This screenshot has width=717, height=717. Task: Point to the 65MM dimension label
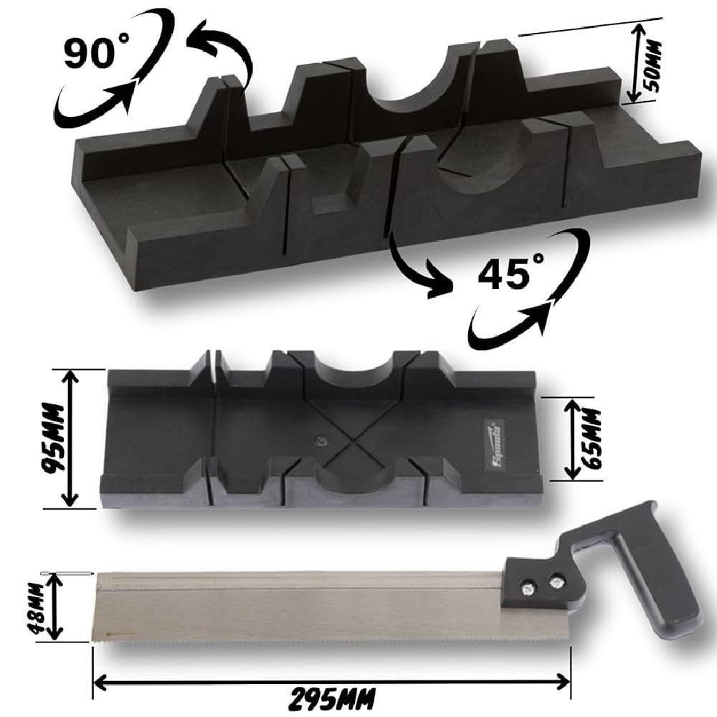pos(594,439)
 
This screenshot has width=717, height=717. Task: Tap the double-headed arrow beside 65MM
pos(572,439)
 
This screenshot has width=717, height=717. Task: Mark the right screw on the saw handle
pos(555,583)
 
